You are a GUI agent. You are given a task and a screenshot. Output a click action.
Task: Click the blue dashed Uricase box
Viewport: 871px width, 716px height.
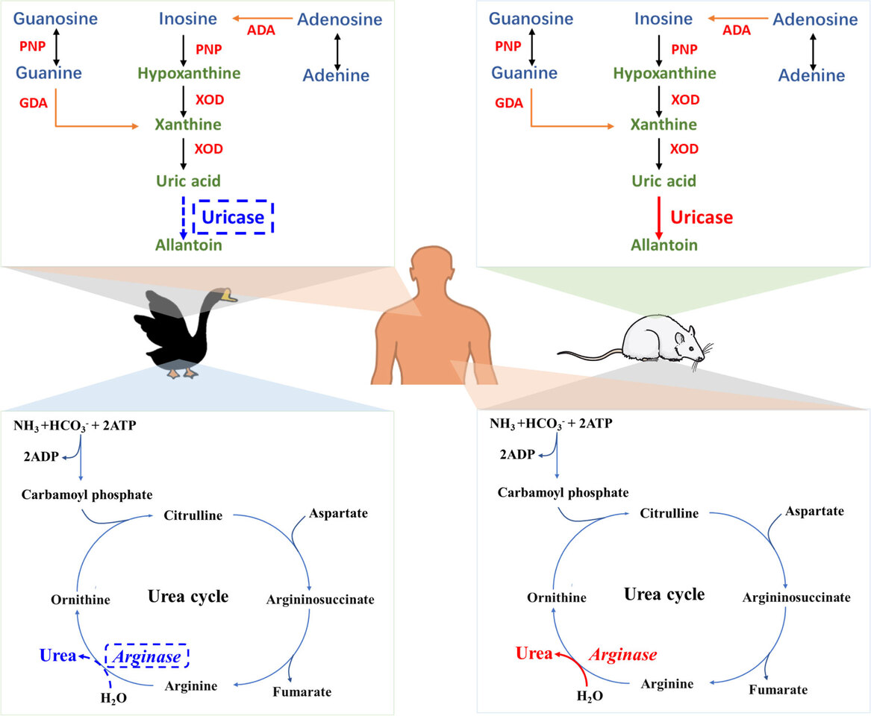pyautogui.click(x=234, y=218)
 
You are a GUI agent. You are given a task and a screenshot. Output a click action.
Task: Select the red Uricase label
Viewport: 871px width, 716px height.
pyautogui.click(x=702, y=217)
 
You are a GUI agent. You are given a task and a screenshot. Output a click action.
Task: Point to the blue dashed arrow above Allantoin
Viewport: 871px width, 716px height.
pyautogui.click(x=183, y=216)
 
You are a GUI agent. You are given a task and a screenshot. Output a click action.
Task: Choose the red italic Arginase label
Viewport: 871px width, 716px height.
pyautogui.click(x=623, y=655)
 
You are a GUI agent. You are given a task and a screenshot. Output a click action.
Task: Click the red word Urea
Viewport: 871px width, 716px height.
pyautogui.click(x=531, y=654)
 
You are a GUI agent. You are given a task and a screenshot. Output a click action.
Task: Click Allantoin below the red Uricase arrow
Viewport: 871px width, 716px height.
pyautogui.click(x=664, y=245)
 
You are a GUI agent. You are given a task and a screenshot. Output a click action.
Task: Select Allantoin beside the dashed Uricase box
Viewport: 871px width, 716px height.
pyautogui.click(x=188, y=245)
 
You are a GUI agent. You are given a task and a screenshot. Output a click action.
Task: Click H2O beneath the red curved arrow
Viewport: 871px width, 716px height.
pyautogui.click(x=590, y=696)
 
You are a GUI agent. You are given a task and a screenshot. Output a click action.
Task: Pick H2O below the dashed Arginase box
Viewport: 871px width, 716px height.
pyautogui.click(x=114, y=697)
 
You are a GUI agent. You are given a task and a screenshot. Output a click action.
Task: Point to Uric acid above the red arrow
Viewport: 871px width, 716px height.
pyautogui.click(x=664, y=181)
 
